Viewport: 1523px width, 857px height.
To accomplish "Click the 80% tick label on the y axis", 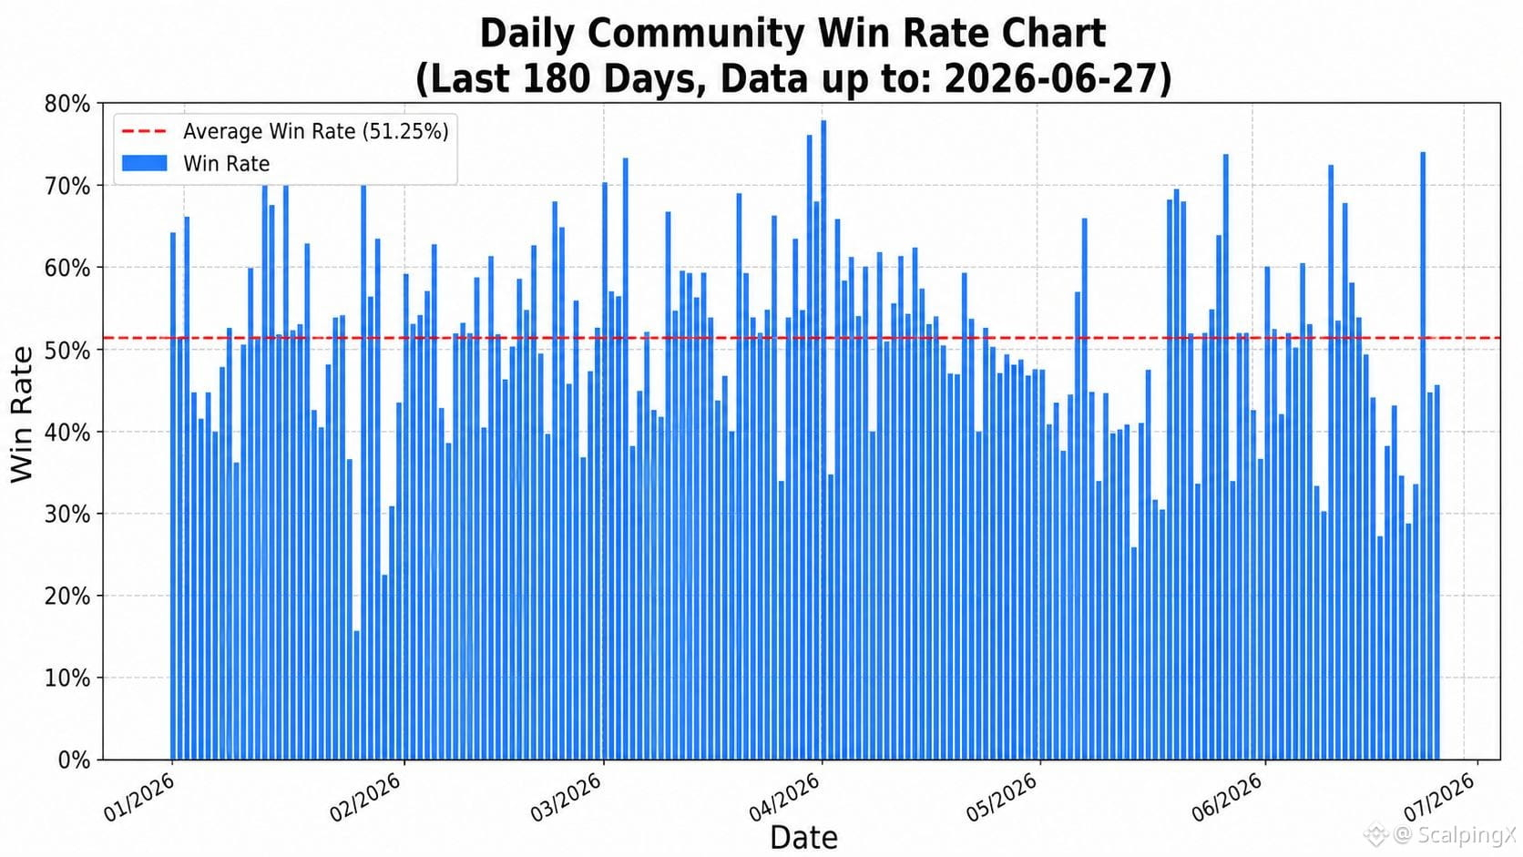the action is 67,104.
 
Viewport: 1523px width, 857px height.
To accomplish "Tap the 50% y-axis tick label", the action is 67,350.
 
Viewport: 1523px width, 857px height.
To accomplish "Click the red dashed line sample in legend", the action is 144,131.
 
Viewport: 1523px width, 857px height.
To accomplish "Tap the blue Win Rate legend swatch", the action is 144,163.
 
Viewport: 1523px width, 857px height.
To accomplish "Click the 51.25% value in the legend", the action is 405,131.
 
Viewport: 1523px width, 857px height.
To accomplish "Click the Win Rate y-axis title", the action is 22,414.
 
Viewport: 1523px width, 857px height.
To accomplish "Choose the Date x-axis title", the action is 803,837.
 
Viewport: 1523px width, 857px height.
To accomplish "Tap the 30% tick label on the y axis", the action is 67,515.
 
